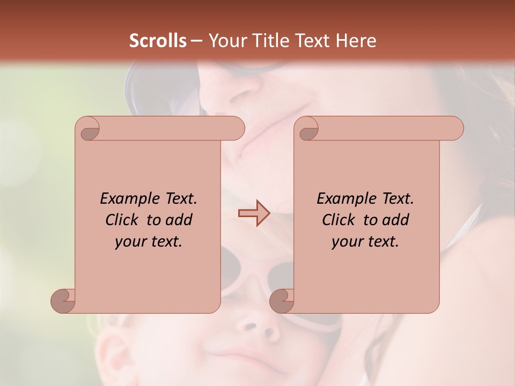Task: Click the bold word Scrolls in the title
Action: tap(158, 41)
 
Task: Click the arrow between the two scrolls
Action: tap(254, 213)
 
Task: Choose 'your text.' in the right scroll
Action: tap(365, 242)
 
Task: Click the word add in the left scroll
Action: tap(179, 220)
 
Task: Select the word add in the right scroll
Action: tap(396, 220)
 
